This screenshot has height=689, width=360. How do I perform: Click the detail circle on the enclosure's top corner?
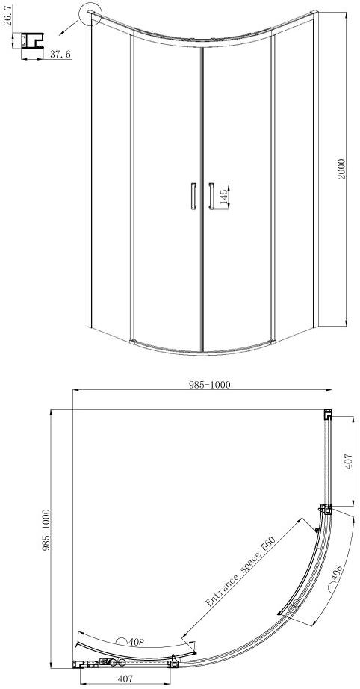[x=90, y=13]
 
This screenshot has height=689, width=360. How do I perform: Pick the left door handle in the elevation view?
[x=193, y=195]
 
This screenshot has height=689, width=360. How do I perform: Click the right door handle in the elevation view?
[x=211, y=195]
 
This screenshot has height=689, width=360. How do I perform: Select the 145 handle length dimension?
[x=223, y=197]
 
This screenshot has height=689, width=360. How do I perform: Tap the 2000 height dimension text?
[x=341, y=169]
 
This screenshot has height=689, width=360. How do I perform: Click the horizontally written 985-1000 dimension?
[x=209, y=385]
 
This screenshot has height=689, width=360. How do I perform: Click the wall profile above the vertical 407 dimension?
[x=327, y=415]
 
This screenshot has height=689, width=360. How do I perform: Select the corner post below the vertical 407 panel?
[x=326, y=510]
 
